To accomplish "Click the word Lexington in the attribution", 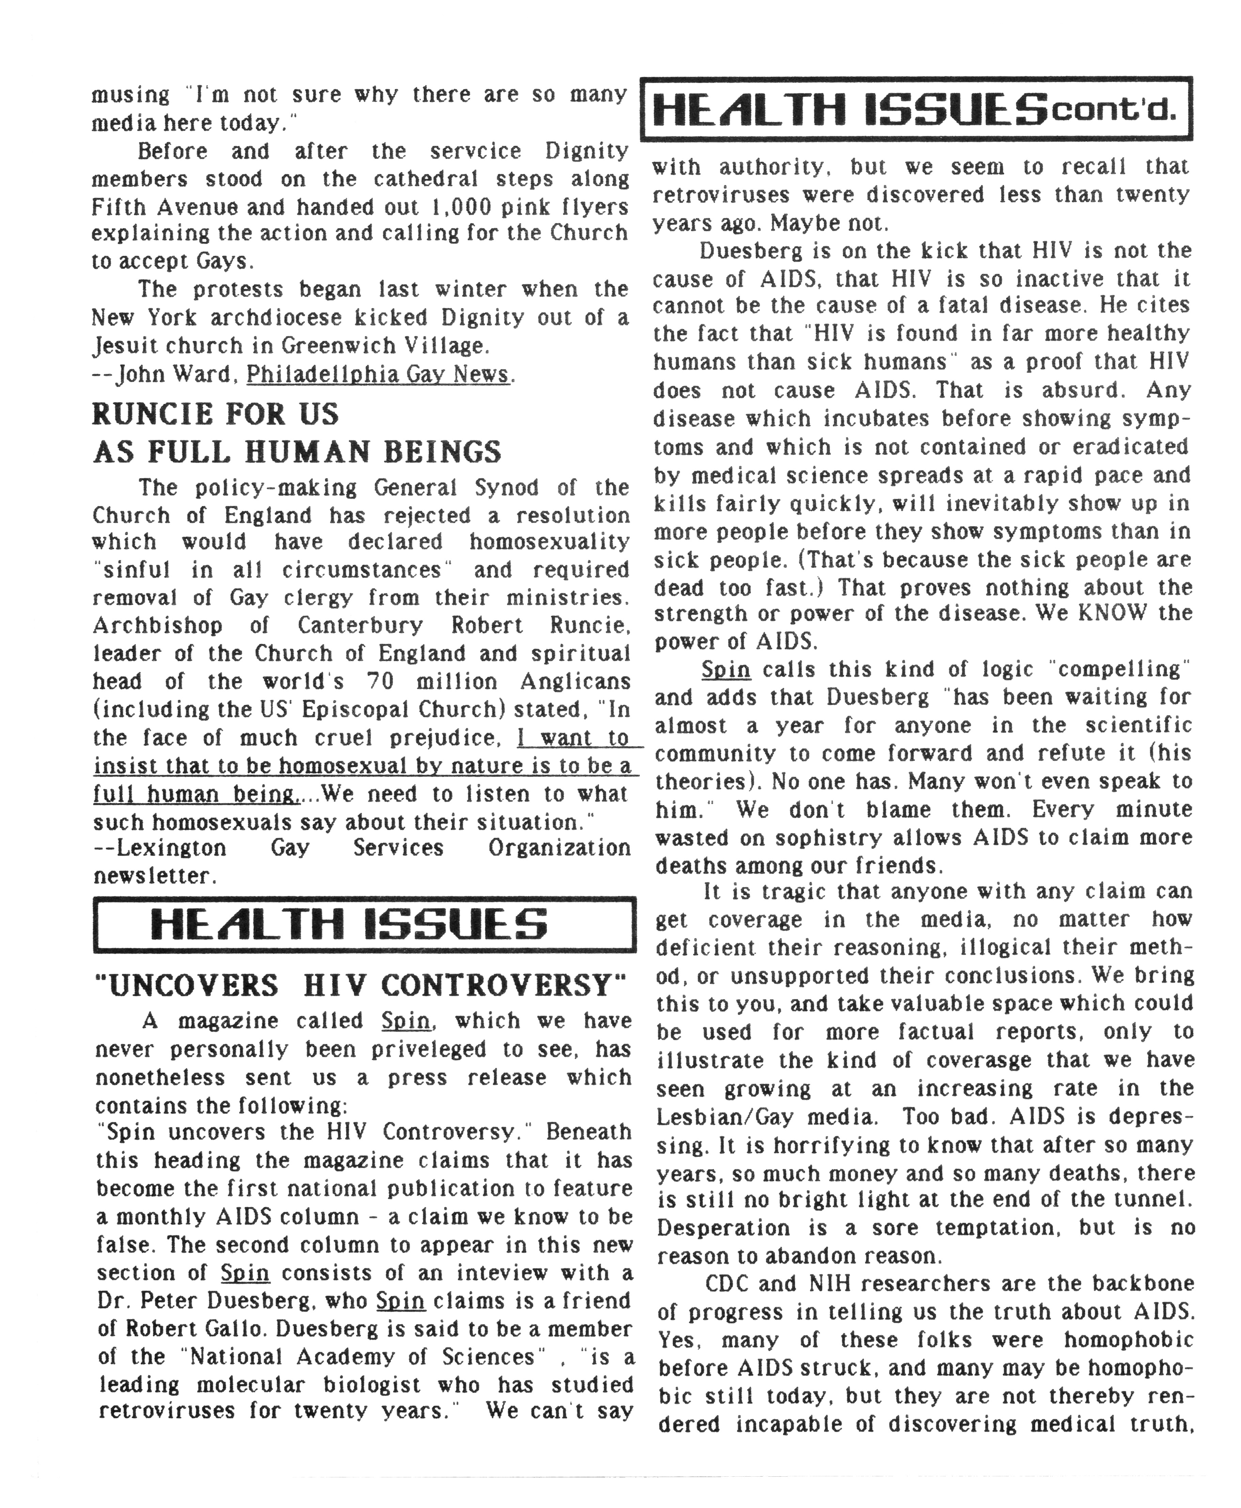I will tap(172, 848).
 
